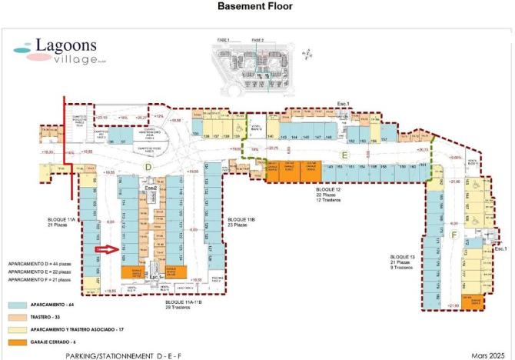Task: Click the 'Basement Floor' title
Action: [x=257, y=7]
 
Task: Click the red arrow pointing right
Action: [x=104, y=249]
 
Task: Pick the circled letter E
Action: [x=345, y=155]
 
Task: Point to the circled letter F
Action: [x=454, y=234]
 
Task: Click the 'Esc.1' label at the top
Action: [x=343, y=103]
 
